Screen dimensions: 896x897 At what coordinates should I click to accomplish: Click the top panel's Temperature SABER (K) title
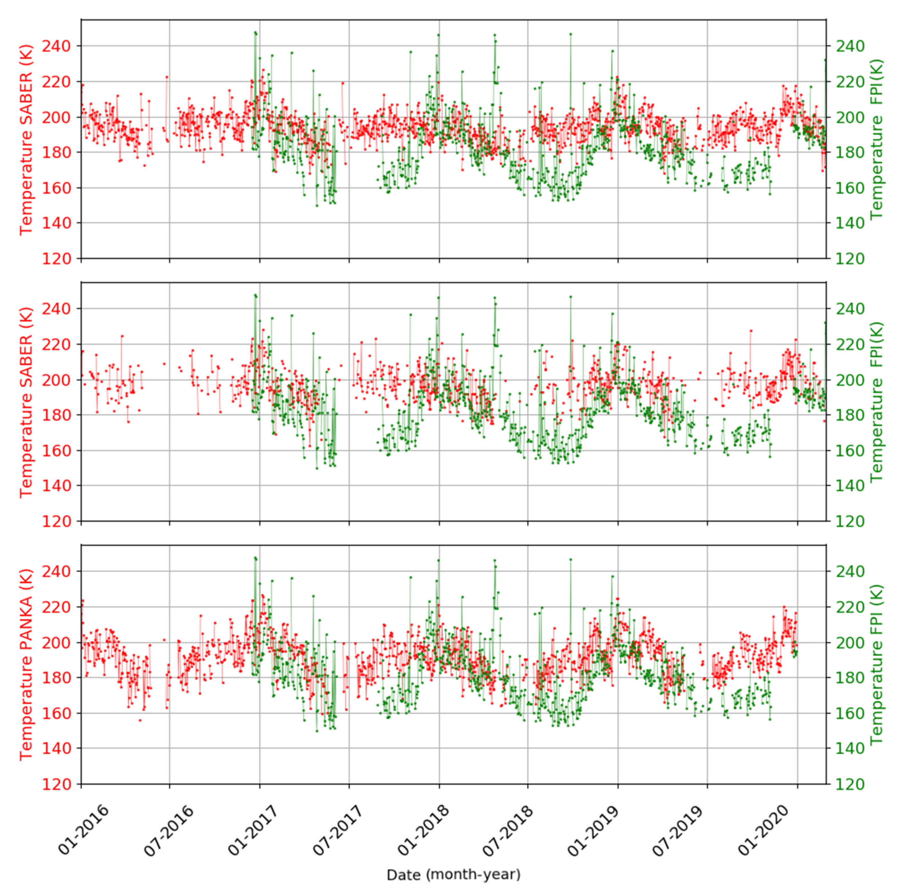coord(27,139)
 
